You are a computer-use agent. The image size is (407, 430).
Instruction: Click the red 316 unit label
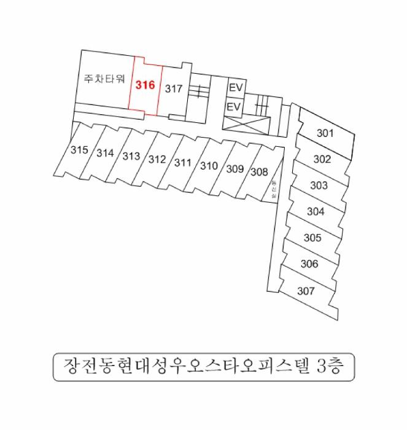tap(145, 85)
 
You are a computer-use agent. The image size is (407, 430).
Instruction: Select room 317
tap(174, 88)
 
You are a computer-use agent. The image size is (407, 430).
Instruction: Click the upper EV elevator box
tap(236, 88)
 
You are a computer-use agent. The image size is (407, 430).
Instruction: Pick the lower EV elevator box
tap(234, 107)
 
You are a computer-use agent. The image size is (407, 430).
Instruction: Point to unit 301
tap(325, 133)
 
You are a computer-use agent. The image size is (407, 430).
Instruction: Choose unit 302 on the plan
tap(322, 159)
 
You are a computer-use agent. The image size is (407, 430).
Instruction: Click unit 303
tap(319, 186)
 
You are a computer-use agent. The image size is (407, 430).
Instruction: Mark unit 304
tap(316, 212)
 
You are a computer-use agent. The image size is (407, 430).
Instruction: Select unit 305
tap(312, 238)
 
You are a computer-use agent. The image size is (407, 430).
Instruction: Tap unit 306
tap(309, 264)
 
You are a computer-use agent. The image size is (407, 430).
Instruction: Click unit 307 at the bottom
tap(306, 291)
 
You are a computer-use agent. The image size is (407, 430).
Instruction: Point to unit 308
tap(260, 172)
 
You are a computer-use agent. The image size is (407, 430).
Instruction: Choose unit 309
tap(235, 169)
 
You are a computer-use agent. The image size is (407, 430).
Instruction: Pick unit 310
tap(209, 166)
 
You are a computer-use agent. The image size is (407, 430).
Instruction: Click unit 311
tap(183, 163)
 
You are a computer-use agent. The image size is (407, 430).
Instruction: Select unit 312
tap(157, 160)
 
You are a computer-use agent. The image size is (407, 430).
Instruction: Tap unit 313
tap(131, 156)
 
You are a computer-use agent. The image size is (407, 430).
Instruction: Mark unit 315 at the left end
tap(79, 150)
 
